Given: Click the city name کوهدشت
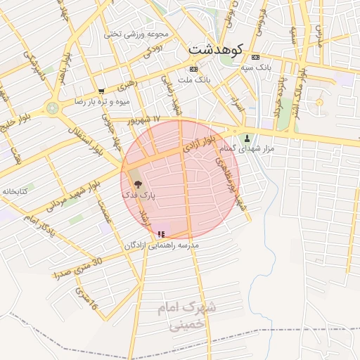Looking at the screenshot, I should [216, 50].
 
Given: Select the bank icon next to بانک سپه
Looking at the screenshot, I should [255, 57].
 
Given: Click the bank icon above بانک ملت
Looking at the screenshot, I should [193, 69].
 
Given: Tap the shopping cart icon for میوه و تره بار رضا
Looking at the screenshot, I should [102, 91].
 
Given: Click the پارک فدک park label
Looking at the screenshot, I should [139, 193].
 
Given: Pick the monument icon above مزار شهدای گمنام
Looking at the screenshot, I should [247, 138].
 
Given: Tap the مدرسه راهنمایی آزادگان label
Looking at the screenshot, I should [162, 245].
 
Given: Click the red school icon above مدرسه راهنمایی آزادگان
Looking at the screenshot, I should [161, 233].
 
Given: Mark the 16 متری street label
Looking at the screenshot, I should [86, 300].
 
